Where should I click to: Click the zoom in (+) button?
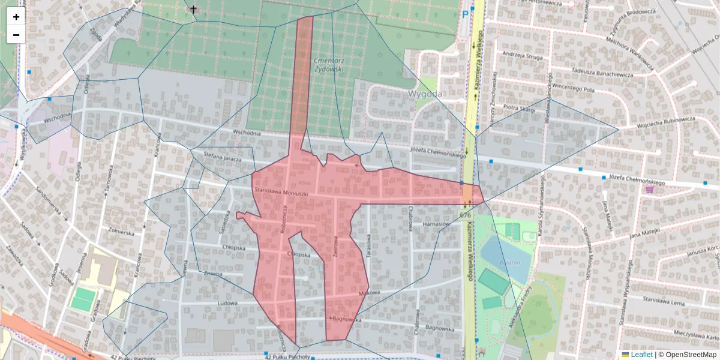[16, 17]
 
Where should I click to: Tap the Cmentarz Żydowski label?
[328, 65]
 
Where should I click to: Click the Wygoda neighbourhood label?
[425, 94]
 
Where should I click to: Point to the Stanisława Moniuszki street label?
[281, 193]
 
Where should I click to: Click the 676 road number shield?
[465, 215]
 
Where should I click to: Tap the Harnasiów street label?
[436, 224]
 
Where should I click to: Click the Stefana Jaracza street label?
[222, 157]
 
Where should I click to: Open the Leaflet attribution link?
[640, 355]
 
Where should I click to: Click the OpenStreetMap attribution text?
[687, 355]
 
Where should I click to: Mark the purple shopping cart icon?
[649, 190]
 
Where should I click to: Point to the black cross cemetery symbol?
[193, 9]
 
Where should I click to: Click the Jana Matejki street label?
[644, 231]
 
